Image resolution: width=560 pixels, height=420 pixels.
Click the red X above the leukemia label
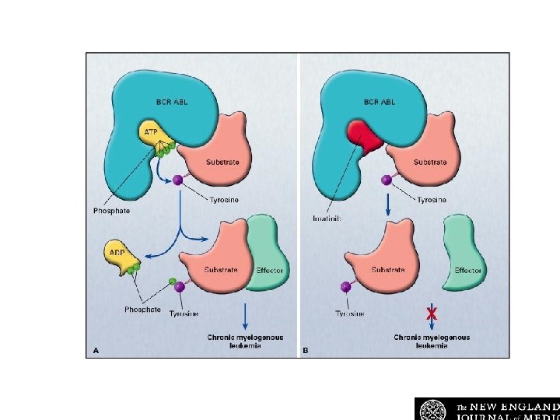(431, 313)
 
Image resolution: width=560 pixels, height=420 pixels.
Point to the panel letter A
(96, 351)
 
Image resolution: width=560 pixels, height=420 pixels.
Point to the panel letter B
(305, 351)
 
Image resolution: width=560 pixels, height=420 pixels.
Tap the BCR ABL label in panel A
(171, 102)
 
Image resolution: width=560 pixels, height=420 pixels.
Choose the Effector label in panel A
(269, 270)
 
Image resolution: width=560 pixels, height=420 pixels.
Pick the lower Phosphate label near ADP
(142, 309)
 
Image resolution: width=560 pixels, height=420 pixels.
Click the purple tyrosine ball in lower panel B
(345, 286)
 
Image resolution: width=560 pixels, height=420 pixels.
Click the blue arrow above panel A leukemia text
(246, 316)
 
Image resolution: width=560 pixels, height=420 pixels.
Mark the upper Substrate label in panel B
(430, 162)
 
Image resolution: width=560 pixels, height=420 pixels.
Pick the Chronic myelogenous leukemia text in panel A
(245, 341)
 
